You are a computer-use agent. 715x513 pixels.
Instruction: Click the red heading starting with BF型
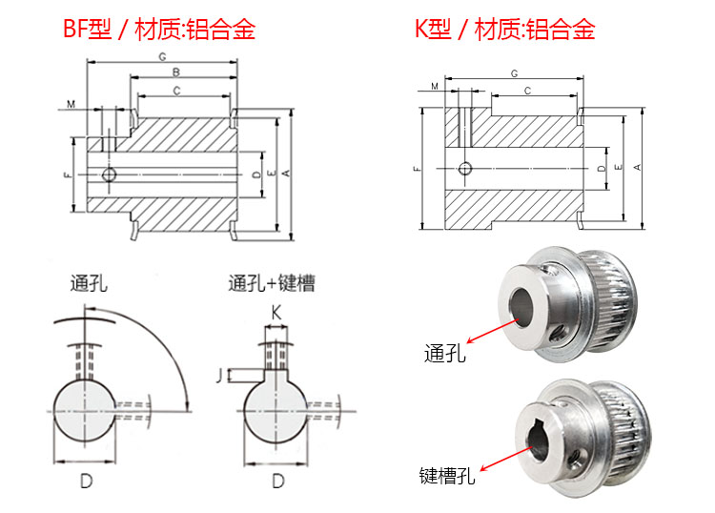pyautogui.click(x=158, y=29)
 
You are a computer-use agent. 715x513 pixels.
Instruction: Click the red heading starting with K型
pyautogui.click(x=504, y=29)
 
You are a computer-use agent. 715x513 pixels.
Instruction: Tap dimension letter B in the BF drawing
pyautogui.click(x=176, y=72)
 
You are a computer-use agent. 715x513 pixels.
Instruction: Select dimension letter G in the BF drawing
pyautogui.click(x=162, y=57)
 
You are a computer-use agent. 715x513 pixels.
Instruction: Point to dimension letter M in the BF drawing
pyautogui.click(x=71, y=105)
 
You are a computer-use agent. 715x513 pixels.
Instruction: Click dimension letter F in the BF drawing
pyautogui.click(x=69, y=174)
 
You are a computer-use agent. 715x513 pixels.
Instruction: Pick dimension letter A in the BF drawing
pyautogui.click(x=286, y=173)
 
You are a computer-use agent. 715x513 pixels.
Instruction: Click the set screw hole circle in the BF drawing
pyautogui.click(x=109, y=174)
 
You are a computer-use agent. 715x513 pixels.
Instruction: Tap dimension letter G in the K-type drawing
pyautogui.click(x=515, y=73)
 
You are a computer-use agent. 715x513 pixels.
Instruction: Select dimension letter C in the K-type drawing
pyautogui.click(x=527, y=91)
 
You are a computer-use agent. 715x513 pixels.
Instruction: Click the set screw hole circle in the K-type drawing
pyautogui.click(x=464, y=168)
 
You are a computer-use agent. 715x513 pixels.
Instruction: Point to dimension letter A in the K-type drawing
pyautogui.click(x=638, y=168)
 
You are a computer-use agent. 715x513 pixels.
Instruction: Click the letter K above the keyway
pyautogui.click(x=276, y=313)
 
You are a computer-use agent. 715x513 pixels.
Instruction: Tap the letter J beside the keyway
pyautogui.click(x=219, y=376)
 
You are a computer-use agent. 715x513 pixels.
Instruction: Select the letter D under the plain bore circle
pyautogui.click(x=86, y=481)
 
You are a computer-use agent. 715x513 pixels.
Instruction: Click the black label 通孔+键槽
pyautogui.click(x=272, y=283)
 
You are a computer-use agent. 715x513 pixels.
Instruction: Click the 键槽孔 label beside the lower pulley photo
pyautogui.click(x=447, y=476)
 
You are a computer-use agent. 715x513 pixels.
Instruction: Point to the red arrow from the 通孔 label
pyautogui.click(x=493, y=332)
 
